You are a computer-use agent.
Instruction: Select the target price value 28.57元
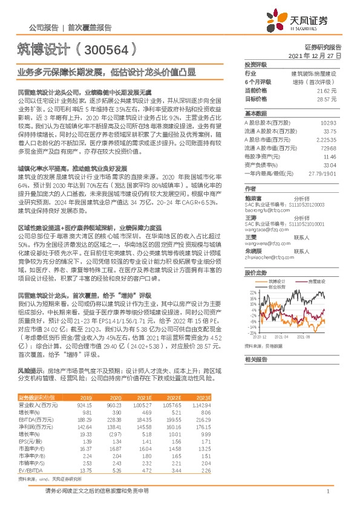coord(327,99)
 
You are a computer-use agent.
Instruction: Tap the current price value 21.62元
coord(327,90)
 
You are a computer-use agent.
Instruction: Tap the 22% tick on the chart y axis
coord(252,293)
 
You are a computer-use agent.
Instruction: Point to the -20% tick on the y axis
coord(251,332)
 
